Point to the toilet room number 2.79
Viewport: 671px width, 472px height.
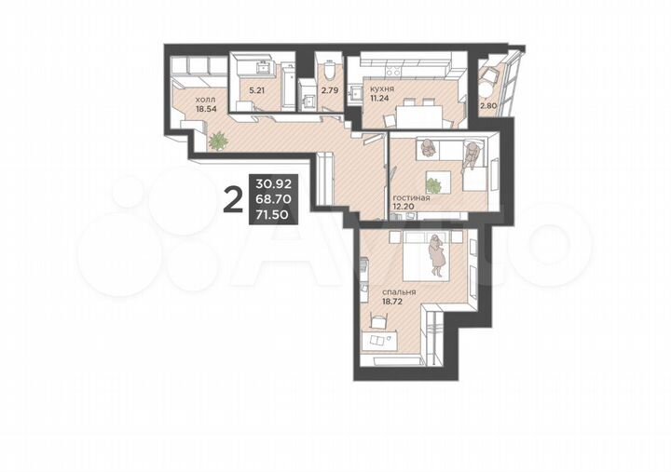[x=330, y=91]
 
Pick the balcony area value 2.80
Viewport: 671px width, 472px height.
[x=489, y=106]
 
